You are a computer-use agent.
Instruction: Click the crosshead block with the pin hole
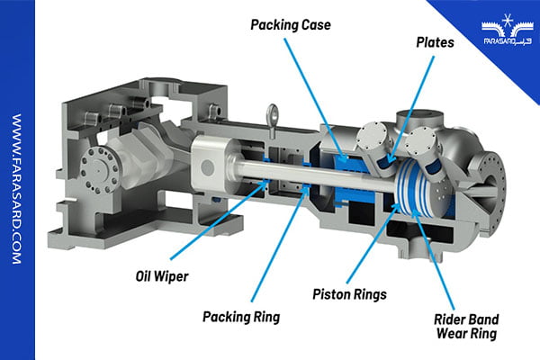(209, 162)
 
